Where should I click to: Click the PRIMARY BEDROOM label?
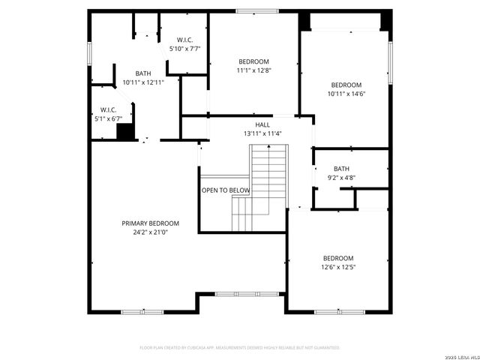tap(151, 223)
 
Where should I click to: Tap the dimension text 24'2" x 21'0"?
tap(151, 232)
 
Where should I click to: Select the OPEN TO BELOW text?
tap(225, 190)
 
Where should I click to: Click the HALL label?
tap(262, 125)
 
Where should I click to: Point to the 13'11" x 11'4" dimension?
tap(262, 134)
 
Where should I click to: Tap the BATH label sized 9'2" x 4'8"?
tap(341, 169)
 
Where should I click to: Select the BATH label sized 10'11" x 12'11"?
tap(142, 73)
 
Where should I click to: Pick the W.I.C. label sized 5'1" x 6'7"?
tap(108, 109)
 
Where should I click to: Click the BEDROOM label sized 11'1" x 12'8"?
tap(253, 61)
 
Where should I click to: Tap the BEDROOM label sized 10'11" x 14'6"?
tap(346, 85)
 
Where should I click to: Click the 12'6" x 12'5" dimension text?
tap(337, 267)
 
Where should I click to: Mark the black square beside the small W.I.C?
tap(124, 131)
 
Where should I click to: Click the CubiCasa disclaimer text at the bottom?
tap(240, 347)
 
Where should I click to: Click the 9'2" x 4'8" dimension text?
tap(341, 178)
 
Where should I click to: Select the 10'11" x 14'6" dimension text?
tap(346, 94)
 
